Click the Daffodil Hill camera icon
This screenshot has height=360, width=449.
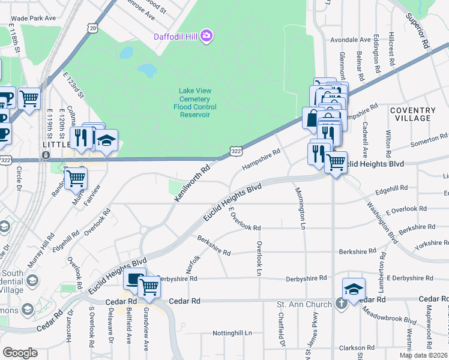(x=207, y=37)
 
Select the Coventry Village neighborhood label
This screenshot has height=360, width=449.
(x=412, y=114)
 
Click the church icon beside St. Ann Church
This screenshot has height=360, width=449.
(x=341, y=304)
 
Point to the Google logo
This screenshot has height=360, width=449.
(x=20, y=352)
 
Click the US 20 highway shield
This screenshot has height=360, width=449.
(x=92, y=28)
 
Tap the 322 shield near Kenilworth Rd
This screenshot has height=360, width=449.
(x=235, y=154)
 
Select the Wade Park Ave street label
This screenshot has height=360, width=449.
(x=34, y=18)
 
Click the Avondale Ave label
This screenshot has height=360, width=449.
(x=351, y=40)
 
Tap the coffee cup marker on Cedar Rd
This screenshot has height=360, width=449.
(x=134, y=280)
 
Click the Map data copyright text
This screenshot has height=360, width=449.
(x=424, y=355)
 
